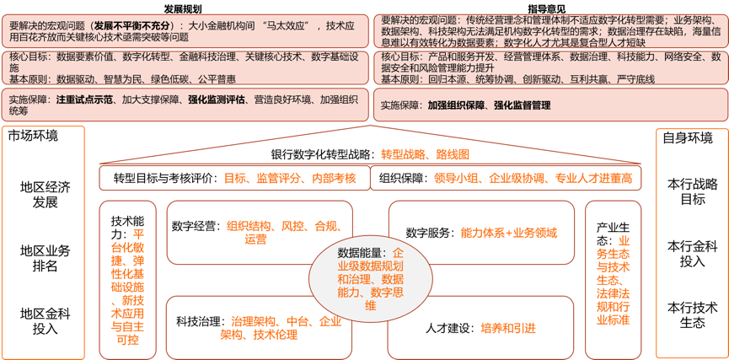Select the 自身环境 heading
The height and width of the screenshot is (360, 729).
click(688, 137)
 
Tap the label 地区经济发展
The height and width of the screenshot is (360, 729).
click(46, 195)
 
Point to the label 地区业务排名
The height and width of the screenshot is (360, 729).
click(46, 258)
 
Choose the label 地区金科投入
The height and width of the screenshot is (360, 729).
click(46, 321)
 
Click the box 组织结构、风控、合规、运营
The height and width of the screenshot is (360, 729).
click(244, 232)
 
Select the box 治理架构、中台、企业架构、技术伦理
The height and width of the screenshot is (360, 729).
click(244, 327)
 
